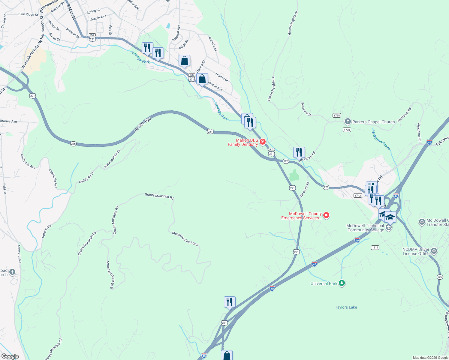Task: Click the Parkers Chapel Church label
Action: coord(373,122)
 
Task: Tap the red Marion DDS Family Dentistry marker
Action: coord(263,142)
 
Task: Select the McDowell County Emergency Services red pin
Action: coord(326,215)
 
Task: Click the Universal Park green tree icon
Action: coord(342,283)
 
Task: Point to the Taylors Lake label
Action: coord(346,307)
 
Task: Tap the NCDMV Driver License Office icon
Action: coord(434,251)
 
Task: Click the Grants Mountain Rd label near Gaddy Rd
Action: coord(159,196)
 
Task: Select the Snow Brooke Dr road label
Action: coord(112,159)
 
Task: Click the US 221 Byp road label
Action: coord(143,124)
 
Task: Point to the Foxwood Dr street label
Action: coord(306,109)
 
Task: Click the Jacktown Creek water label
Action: coord(381,140)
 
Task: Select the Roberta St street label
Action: coord(212,44)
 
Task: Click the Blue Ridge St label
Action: coord(28,14)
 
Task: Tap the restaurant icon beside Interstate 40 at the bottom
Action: coord(230,302)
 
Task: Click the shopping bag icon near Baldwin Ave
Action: coord(184,61)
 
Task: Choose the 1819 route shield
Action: coord(375,247)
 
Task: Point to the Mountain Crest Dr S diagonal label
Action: coord(185,239)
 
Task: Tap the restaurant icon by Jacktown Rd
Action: coord(299,152)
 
